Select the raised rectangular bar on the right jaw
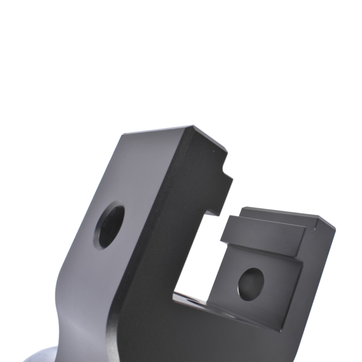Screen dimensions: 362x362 [x=265, y=232]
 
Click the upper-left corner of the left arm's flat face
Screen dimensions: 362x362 [x=120, y=136]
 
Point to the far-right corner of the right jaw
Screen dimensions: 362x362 [x=334, y=227]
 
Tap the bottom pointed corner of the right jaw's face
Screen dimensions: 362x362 [x=279, y=329]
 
